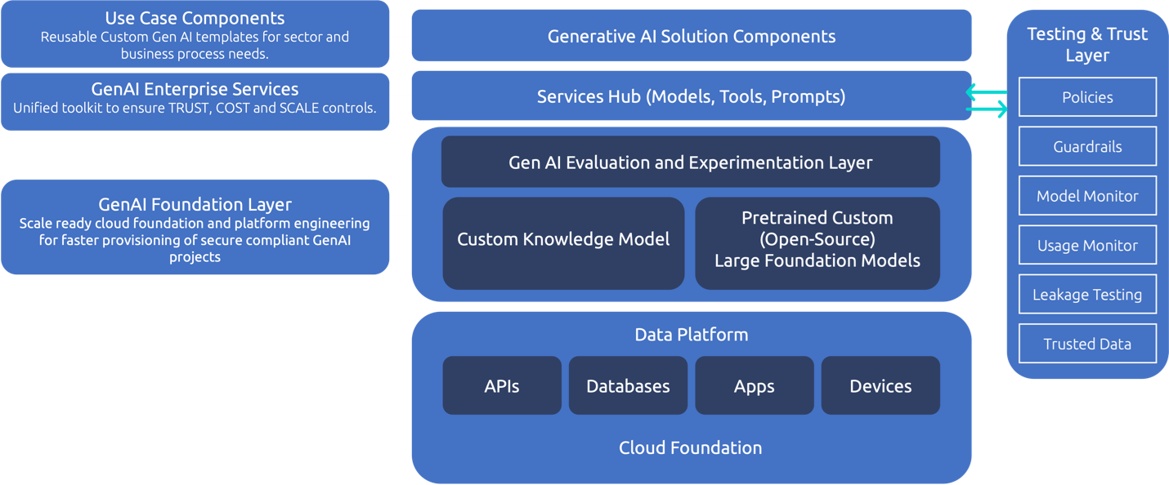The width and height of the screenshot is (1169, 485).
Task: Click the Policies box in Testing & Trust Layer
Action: coord(1087,97)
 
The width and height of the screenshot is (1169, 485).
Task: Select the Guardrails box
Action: coord(1087,147)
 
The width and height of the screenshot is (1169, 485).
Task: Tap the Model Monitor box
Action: coord(1087,196)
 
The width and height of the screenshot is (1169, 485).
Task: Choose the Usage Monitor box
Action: coord(1087,246)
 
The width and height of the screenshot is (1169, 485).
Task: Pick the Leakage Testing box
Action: coord(1087,295)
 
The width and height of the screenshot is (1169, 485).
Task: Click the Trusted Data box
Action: coord(1087,344)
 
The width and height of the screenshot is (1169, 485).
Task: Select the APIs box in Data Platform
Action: coord(502,386)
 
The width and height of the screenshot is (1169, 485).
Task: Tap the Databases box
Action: coord(628,386)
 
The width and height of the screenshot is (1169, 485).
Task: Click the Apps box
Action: coord(754,386)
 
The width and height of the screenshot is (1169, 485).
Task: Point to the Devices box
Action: coord(880,386)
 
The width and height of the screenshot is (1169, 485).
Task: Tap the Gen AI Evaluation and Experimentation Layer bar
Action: coord(691,162)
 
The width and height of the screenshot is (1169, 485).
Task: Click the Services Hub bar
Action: coord(691,96)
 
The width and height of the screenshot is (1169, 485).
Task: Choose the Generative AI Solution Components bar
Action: coord(691,36)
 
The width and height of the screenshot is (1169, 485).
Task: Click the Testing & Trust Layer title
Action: coord(1087,44)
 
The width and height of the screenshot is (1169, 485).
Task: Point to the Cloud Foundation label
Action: coord(691,447)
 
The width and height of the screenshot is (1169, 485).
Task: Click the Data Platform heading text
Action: coord(691,335)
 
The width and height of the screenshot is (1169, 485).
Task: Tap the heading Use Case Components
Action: coord(195,18)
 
